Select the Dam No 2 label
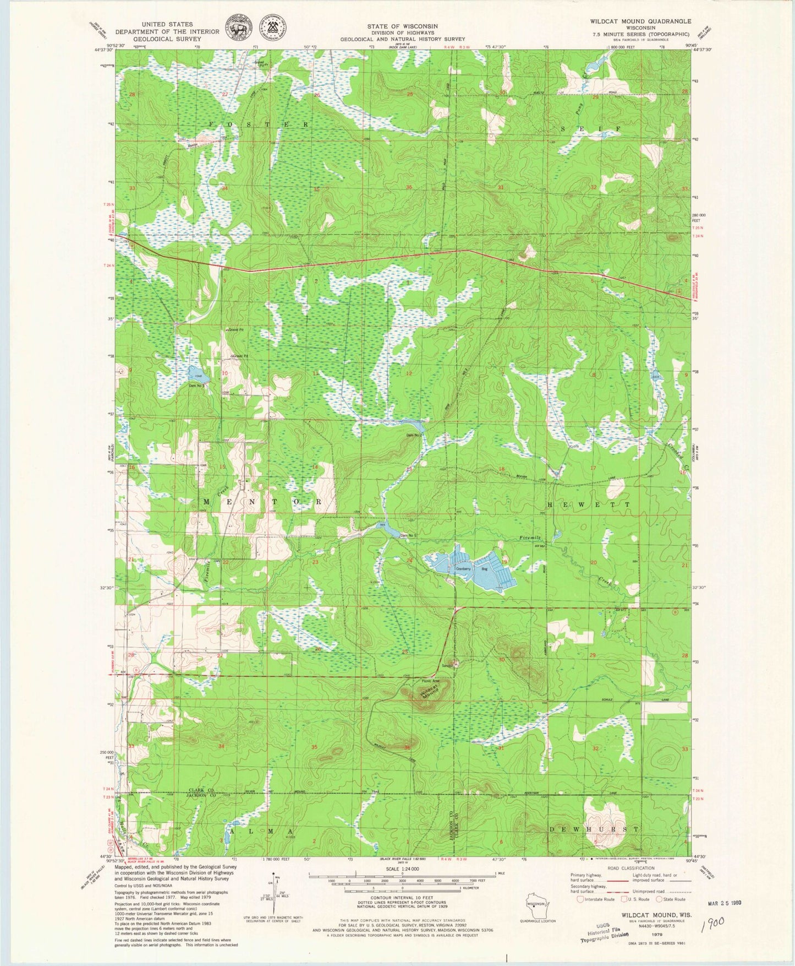point(414,435)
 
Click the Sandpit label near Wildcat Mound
point(448,665)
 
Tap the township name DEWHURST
point(594,829)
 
